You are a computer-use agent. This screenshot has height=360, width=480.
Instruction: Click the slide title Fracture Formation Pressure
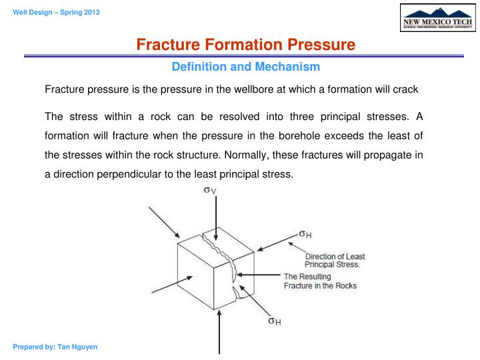coord(246,45)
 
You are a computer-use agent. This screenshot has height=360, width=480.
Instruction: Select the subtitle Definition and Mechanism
coord(246,67)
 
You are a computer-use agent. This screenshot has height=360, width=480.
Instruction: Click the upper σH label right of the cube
coord(305,234)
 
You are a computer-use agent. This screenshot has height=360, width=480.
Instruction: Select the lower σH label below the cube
coord(274,321)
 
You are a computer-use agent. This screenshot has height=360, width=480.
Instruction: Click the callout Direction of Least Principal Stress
coord(335,260)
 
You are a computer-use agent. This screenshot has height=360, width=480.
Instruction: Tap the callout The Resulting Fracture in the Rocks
coord(320,281)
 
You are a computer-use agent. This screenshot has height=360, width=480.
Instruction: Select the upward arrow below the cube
coord(219,337)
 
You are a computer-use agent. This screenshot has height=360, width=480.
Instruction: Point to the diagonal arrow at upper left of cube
coord(164,221)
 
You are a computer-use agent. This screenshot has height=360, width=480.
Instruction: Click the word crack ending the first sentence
coord(405,89)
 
